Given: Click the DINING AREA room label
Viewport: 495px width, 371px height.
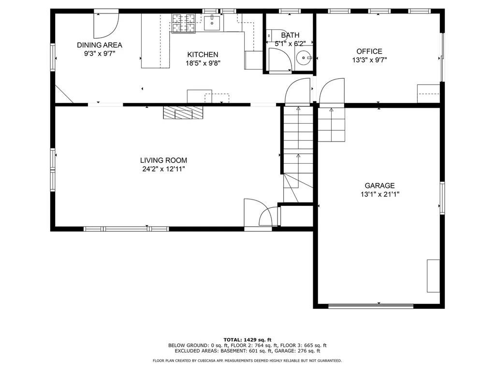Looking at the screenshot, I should (100, 45).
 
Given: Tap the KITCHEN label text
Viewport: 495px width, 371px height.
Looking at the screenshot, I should (203, 55).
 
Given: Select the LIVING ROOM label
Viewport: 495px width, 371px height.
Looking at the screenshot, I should (163, 160).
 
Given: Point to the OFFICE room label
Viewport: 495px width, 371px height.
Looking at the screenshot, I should (369, 51).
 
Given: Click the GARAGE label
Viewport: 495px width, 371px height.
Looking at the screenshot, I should (379, 185).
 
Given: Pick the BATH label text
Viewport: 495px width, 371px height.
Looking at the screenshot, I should (290, 35).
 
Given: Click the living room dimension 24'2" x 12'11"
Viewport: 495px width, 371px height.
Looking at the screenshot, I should (163, 169).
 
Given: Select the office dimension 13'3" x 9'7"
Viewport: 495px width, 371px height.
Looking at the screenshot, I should (369, 60).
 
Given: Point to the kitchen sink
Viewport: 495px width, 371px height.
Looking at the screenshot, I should (212, 23).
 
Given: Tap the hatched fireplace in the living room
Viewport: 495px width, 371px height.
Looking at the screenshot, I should (183, 113).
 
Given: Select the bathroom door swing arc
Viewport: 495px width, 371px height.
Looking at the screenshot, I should (280, 60).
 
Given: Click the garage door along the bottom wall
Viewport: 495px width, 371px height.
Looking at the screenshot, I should (371, 306).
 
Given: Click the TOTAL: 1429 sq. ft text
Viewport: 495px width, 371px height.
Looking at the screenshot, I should (247, 340).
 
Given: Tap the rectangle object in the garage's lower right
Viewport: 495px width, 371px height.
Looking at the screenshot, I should (434, 276).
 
